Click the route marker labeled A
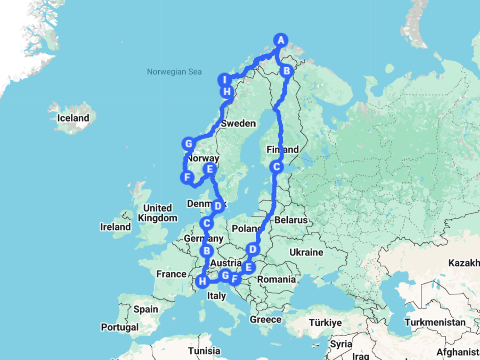pos(281,40)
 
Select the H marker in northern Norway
pos(227,92)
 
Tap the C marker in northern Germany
pos(207,223)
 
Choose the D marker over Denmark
pos(218,205)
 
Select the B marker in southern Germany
pos(207,251)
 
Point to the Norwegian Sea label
pos(174,72)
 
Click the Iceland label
pos(73,118)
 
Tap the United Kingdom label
pos(157,213)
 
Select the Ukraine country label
pos(306,252)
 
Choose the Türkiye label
pos(325,323)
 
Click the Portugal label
pos(119,327)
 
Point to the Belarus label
pos(291,220)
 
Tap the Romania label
pos(276,279)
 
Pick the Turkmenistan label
pos(435,322)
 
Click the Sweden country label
pos(238,124)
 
